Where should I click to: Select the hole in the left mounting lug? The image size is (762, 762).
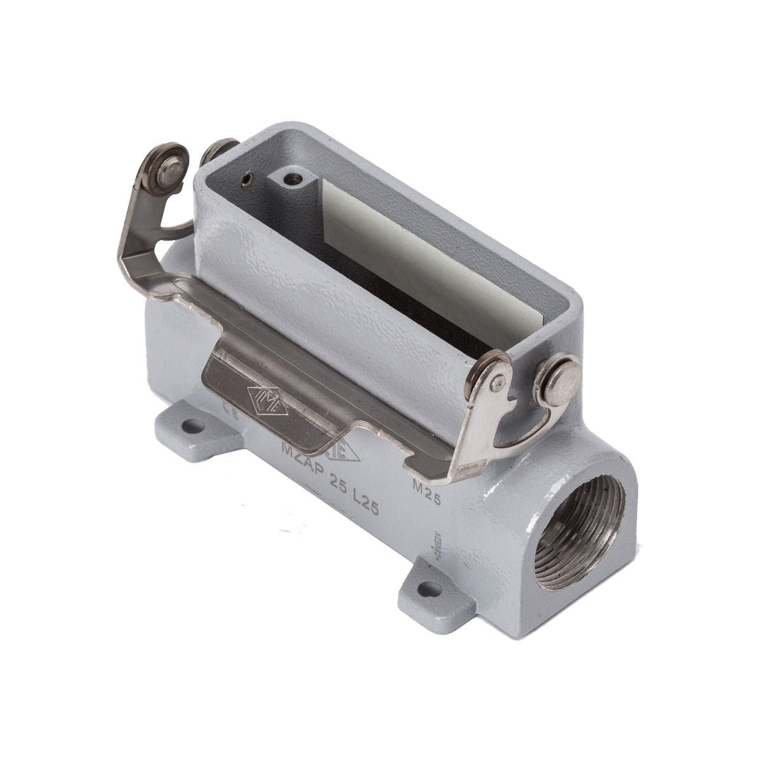(x=191, y=426)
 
